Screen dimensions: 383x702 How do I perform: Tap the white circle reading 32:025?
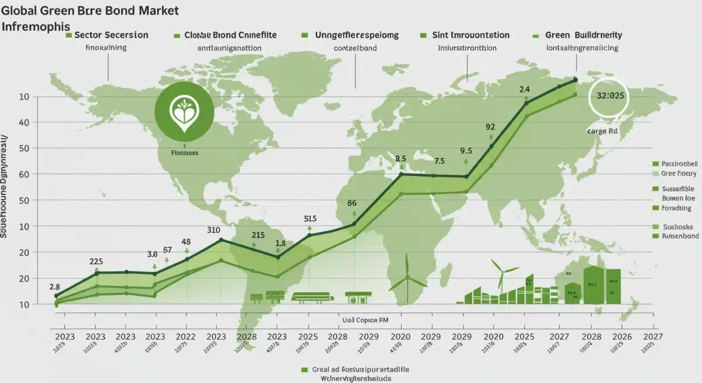[x=608, y=95]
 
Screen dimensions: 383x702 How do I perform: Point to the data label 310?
[x=214, y=230]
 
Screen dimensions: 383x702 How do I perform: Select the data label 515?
[x=310, y=218]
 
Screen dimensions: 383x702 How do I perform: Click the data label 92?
[x=490, y=126]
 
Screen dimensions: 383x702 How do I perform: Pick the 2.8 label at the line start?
[x=54, y=287]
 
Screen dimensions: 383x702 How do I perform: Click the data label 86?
[x=352, y=203]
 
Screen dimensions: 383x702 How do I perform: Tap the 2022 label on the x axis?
[x=186, y=337]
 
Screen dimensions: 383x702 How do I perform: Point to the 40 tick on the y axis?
[x=24, y=122]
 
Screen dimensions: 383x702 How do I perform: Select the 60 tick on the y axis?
[x=24, y=175]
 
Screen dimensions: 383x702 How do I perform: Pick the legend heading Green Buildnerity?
[x=583, y=36]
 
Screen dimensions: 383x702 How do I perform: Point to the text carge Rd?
[x=602, y=132]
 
